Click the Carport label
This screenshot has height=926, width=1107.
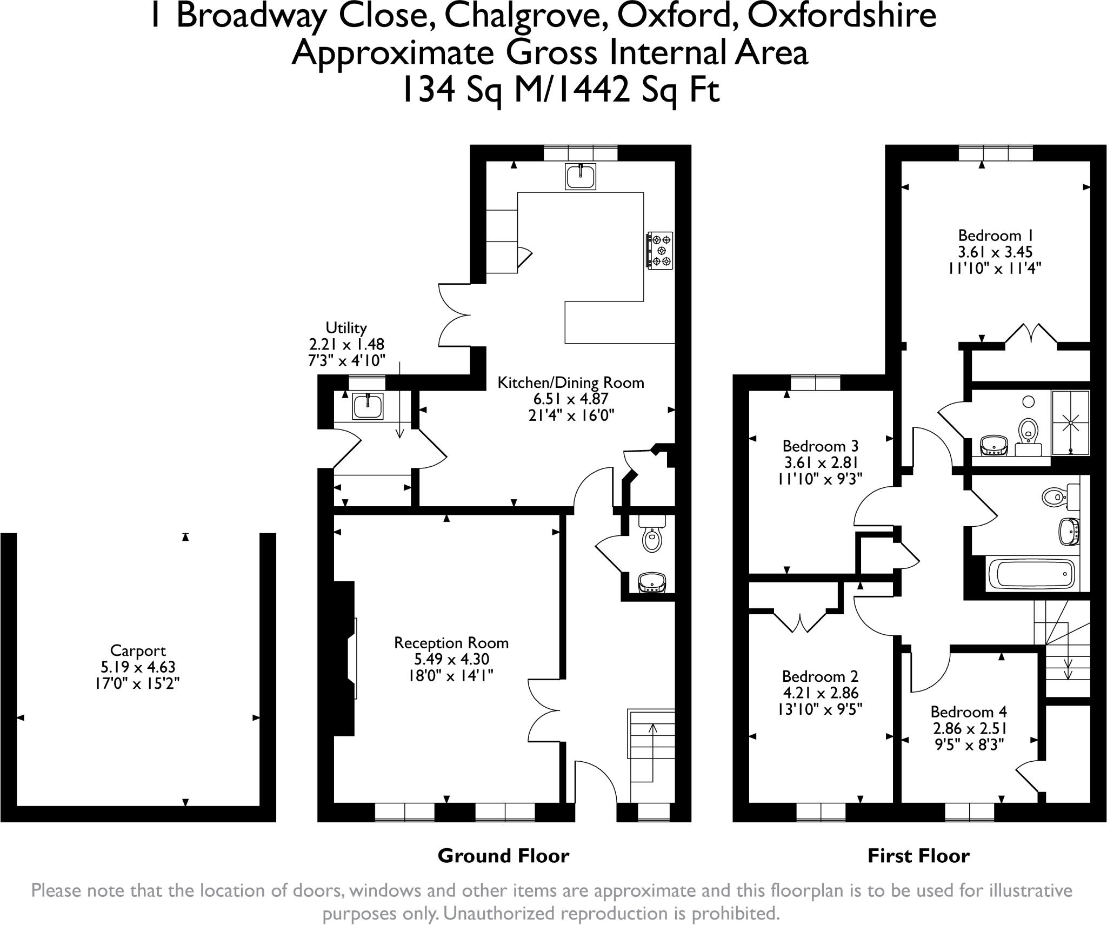click(x=137, y=650)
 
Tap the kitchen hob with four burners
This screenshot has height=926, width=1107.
click(x=660, y=250)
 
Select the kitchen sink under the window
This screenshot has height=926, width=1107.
click(x=581, y=176)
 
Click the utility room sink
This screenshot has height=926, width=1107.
click(x=368, y=406)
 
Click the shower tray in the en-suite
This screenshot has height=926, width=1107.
click(x=1070, y=423)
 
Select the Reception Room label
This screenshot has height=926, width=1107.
click(x=451, y=643)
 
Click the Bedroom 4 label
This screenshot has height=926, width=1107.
click(x=969, y=712)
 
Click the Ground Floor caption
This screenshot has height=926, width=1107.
click(x=503, y=856)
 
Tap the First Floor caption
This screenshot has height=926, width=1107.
click(x=918, y=856)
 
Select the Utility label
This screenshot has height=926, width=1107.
click(x=346, y=327)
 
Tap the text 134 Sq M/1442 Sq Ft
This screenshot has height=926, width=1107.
click(x=560, y=90)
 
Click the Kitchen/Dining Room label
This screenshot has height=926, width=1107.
click(x=571, y=383)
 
